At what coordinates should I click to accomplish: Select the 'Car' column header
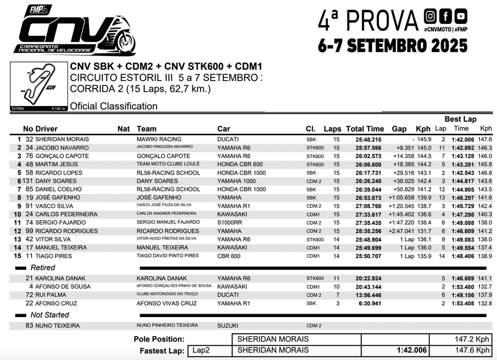[223, 129]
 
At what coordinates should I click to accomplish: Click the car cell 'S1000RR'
[229, 222]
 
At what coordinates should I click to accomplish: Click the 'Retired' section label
[42, 268]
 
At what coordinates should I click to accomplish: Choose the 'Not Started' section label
[49, 315]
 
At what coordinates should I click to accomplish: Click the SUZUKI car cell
[227, 326]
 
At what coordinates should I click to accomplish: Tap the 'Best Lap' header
[460, 119]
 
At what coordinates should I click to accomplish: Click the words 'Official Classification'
[114, 106]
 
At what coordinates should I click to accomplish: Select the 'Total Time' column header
[365, 129]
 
